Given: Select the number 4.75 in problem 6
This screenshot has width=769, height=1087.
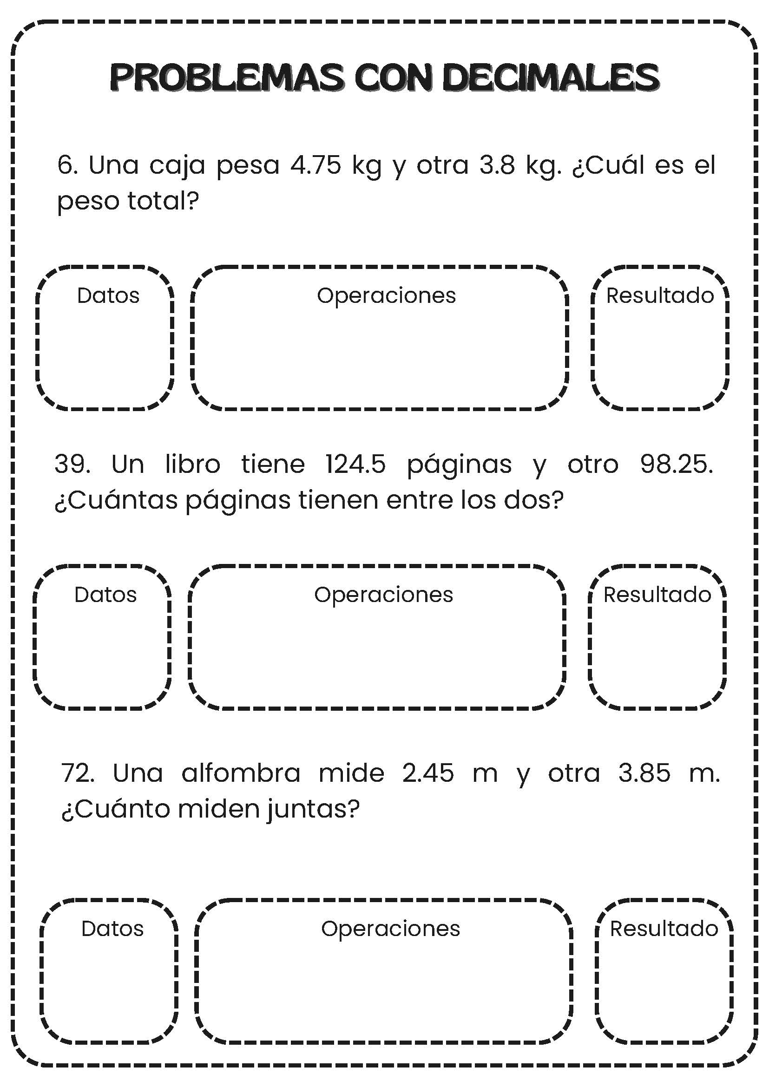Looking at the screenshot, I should (x=316, y=165).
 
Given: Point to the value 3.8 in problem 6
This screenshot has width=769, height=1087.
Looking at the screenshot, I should (x=497, y=165).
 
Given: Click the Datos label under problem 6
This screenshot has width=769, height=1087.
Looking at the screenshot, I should (x=108, y=295).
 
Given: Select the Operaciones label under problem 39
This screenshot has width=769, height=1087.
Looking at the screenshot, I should (x=383, y=595).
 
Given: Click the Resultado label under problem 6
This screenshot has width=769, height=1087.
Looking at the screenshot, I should (x=660, y=295).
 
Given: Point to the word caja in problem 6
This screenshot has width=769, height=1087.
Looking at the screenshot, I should (x=177, y=166).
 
